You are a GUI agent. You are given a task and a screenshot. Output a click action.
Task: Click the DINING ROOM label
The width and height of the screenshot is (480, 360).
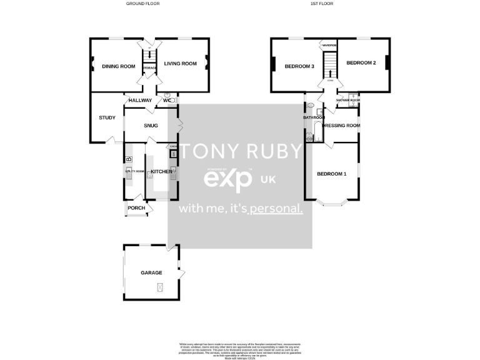click(118, 66)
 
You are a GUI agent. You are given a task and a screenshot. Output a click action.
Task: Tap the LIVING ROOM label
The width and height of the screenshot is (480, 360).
click(180, 63)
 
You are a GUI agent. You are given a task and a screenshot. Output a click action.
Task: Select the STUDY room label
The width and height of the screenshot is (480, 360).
click(107, 117)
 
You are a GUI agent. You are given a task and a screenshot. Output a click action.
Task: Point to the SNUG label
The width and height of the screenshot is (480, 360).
click(150, 126)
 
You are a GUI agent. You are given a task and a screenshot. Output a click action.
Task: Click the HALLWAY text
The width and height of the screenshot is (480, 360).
click(140, 100)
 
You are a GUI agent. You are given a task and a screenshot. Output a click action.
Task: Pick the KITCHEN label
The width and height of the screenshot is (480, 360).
click(161, 171)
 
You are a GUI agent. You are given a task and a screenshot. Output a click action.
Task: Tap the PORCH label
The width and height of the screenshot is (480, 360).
click(136, 208)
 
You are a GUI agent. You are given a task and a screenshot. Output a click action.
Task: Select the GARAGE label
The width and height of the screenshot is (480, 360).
click(151, 273)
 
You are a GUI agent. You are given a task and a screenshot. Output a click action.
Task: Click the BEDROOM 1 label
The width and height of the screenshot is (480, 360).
click(331, 174)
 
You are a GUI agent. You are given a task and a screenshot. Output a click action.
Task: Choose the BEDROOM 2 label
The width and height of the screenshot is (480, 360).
click(361, 62)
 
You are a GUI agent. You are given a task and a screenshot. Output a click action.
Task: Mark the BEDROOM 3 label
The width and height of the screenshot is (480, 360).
click(299, 66)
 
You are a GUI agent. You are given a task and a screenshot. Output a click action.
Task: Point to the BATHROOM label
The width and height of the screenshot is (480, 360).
click(314, 117)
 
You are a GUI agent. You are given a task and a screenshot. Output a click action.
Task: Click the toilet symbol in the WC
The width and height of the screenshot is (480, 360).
click(173, 100)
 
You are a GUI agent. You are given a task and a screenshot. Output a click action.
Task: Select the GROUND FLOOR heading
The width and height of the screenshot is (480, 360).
click(143, 4)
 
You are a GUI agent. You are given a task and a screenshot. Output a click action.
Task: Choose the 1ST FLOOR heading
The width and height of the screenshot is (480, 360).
click(322, 4)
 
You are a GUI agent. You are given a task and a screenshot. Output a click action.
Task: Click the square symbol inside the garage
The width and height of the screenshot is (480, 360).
click(159, 287)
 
